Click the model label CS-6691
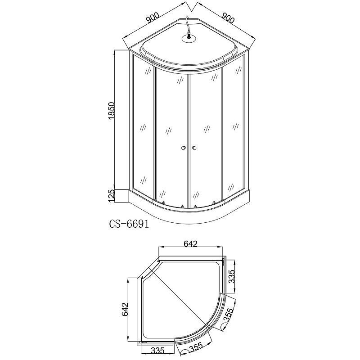(129, 224)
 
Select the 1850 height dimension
(111, 111)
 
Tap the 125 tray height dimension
(111, 196)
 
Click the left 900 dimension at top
(153, 18)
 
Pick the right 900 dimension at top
(228, 18)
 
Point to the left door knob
(183, 148)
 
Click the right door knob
(194, 148)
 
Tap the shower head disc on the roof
(189, 39)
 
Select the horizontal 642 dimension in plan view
(190, 243)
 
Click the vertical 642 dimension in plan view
(125, 310)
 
